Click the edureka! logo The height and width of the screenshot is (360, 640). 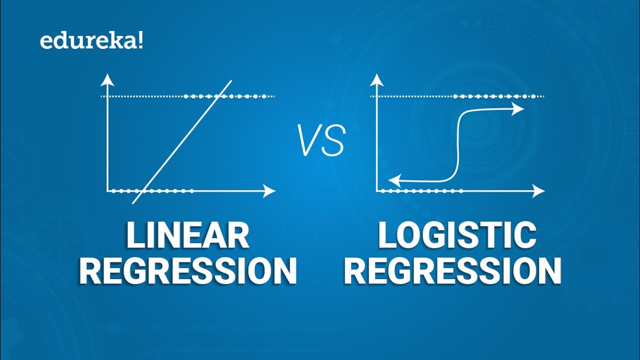[91, 41]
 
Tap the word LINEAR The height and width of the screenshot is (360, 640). [187, 236]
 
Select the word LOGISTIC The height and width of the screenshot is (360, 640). [456, 236]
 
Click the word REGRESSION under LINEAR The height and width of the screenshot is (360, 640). [187, 271]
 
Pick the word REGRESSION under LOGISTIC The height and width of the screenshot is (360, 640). [453, 271]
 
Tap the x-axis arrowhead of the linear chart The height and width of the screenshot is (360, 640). [270, 190]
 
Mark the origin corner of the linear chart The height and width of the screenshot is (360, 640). [107, 190]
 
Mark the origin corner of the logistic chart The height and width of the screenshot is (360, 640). [376, 190]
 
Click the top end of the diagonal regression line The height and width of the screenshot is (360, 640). [231, 80]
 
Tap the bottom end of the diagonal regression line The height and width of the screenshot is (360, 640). [133, 203]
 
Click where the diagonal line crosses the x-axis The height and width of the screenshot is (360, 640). [143, 190]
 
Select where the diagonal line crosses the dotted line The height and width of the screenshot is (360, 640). [219, 96]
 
